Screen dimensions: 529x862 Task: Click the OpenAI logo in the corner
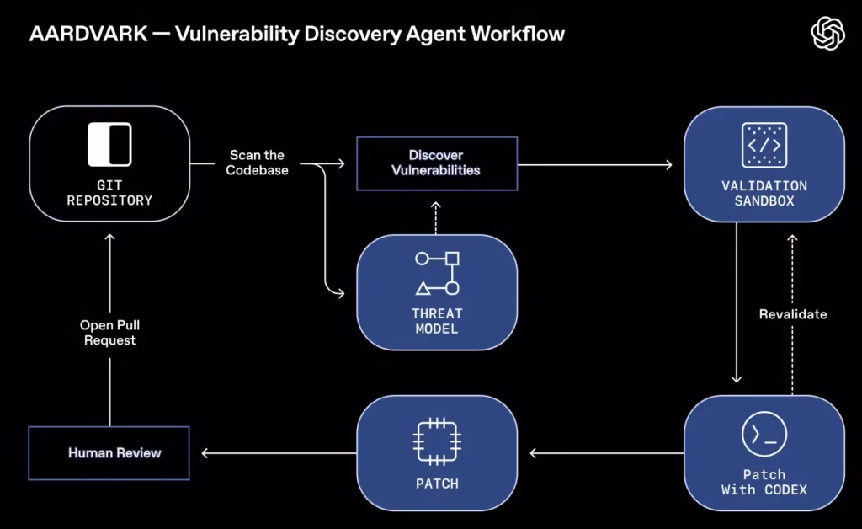(827, 34)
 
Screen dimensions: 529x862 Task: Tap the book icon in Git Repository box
(109, 144)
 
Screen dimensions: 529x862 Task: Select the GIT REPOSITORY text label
(109, 193)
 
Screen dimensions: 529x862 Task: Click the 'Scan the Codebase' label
(257, 163)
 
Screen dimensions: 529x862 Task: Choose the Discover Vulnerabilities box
(436, 163)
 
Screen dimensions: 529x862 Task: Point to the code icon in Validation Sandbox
(764, 144)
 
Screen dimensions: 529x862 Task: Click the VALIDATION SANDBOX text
(764, 193)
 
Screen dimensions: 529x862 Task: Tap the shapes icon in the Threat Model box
(437, 273)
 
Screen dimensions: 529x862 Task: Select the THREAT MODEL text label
(437, 321)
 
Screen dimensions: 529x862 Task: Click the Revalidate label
(793, 314)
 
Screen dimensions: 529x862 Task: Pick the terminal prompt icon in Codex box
(764, 435)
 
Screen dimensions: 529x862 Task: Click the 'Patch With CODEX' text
(764, 482)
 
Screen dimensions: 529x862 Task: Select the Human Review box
(109, 453)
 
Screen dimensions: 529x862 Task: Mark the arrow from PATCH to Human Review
(278, 453)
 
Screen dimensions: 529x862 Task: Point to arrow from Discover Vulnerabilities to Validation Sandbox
(598, 164)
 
